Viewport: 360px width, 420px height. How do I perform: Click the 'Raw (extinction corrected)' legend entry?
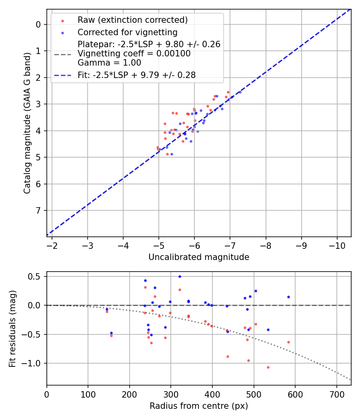coord(132,20)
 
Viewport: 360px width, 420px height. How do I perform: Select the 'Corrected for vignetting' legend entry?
coord(127,32)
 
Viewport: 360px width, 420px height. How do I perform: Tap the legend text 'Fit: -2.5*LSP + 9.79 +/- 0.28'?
coord(136,75)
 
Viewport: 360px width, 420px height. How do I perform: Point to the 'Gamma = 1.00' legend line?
coord(109,63)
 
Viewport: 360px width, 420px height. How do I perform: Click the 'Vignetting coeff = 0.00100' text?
coord(134,54)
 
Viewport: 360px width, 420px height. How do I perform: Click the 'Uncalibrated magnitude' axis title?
coord(199,257)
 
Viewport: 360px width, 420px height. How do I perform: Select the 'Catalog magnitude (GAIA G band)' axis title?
coord(27,123)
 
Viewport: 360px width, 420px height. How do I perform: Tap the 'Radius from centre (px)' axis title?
coord(199,406)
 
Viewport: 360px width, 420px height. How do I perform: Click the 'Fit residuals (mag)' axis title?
coord(13,328)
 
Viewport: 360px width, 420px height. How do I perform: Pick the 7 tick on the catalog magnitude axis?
coord(38,210)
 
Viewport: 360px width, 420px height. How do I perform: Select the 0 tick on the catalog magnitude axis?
coord(38,24)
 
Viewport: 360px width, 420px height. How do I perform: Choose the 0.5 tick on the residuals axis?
coord(36,276)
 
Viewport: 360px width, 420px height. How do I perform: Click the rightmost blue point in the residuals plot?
coord(288,297)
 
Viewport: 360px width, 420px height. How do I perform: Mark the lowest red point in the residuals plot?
coord(268,367)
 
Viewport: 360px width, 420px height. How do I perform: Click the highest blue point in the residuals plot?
coord(180,276)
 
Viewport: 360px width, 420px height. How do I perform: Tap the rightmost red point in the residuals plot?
coord(288,342)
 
